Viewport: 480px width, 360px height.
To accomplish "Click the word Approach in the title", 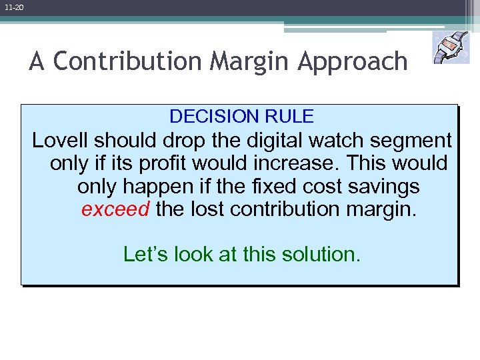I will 352,61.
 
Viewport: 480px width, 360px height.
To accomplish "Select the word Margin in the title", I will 251,61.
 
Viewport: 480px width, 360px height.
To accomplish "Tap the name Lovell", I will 61,141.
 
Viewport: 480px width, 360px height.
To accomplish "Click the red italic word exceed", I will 115,209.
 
